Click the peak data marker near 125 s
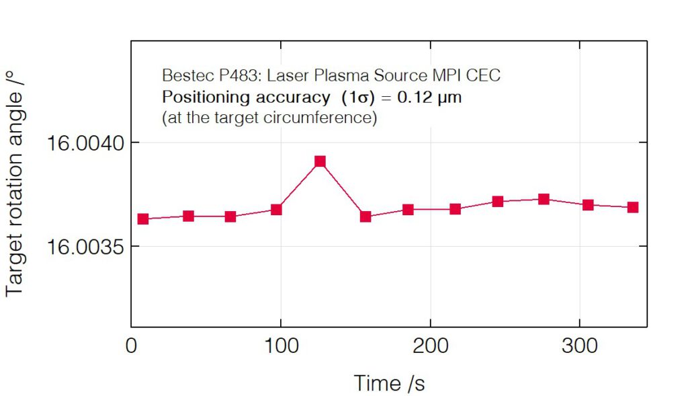tap(320, 161)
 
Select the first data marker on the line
tap(142, 219)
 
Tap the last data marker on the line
tap(632, 207)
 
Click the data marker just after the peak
tap(365, 216)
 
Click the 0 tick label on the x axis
tap(132, 346)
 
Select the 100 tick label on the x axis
tap(281, 346)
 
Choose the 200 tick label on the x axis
tap(430, 346)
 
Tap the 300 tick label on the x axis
tap(579, 346)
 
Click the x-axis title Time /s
tap(389, 383)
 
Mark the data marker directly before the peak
tap(276, 210)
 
